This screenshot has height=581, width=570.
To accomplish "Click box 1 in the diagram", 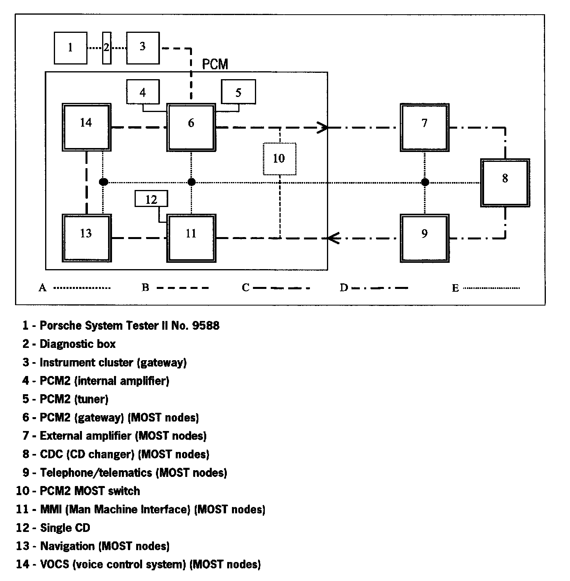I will pyautogui.click(x=70, y=48).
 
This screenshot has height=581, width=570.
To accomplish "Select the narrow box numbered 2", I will pyautogui.click(x=106, y=48).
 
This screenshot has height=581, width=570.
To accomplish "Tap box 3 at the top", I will pyautogui.click(x=143, y=48).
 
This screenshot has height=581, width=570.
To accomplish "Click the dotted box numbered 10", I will pyautogui.click(x=279, y=159).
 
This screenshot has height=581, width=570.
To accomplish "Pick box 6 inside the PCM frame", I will pyautogui.click(x=191, y=127).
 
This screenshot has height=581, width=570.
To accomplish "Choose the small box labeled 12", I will pyautogui.click(x=151, y=199).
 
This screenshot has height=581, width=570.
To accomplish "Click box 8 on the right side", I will pyautogui.click(x=505, y=182).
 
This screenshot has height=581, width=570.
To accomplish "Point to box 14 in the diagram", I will pyautogui.click(x=86, y=127).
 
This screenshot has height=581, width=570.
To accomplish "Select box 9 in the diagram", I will pyautogui.click(x=425, y=238).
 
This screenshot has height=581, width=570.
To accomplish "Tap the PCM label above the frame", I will pyautogui.click(x=215, y=64).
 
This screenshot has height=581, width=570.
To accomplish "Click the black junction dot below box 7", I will pyautogui.click(x=425, y=182).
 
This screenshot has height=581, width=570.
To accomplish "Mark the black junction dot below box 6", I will pyautogui.click(x=192, y=182).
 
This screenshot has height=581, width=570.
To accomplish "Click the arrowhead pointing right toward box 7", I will pyautogui.click(x=323, y=127).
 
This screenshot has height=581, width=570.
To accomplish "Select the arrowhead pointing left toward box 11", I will pyautogui.click(x=333, y=238).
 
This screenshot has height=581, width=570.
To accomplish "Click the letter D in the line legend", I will pyautogui.click(x=343, y=288).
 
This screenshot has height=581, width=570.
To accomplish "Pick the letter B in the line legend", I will pyautogui.click(x=145, y=288).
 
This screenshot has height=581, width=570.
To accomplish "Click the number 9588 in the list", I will pyautogui.click(x=205, y=326).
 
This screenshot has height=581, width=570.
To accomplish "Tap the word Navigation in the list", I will pyautogui.click(x=67, y=546).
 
